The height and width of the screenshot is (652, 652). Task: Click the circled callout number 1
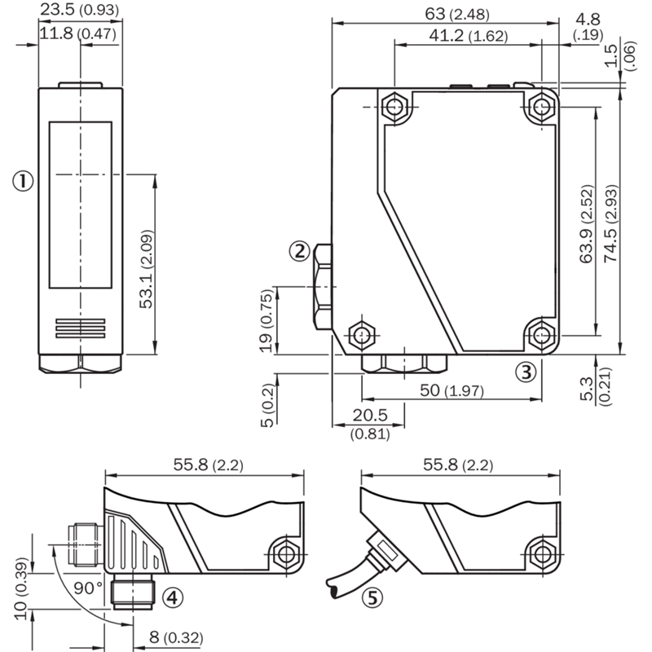point(23,181)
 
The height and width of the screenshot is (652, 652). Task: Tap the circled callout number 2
point(299,251)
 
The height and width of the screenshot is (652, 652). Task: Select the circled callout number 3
point(526,372)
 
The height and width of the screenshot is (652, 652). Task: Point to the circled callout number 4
point(172,597)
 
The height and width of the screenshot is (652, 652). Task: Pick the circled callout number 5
point(372,598)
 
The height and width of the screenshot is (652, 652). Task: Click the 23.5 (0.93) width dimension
point(79,9)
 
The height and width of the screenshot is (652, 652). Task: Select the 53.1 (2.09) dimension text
point(147,269)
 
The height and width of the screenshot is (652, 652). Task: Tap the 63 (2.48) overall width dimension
point(457,14)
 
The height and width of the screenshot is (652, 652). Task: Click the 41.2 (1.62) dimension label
point(469,36)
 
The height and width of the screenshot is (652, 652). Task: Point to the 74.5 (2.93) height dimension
point(610,222)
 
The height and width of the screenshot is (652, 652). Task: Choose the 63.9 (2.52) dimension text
point(586,223)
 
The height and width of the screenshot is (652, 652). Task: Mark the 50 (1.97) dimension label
point(452,390)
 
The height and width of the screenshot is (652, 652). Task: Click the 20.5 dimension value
point(370,415)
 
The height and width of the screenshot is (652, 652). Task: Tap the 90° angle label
point(88,588)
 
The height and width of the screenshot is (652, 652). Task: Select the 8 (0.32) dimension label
point(176,637)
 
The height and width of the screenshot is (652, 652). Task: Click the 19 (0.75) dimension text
point(267,320)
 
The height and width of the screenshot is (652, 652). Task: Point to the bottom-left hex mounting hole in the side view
point(362,334)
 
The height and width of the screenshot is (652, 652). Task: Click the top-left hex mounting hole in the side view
point(394,107)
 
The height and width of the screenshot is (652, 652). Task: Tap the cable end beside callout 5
point(335,590)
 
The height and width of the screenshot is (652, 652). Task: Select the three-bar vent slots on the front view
point(80,328)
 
